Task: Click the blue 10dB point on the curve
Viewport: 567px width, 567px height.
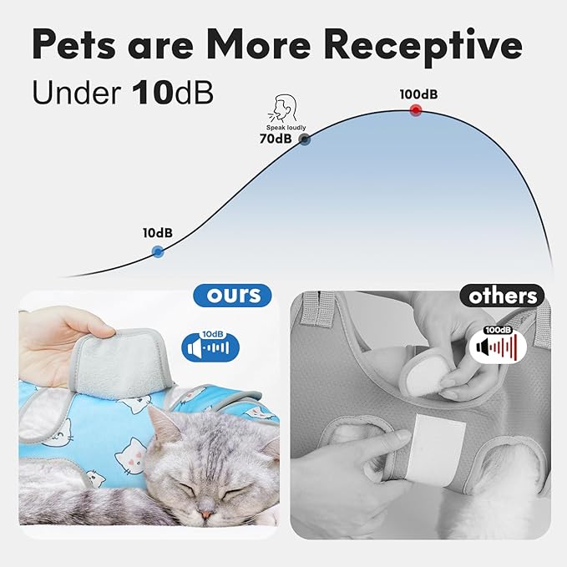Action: tap(158, 251)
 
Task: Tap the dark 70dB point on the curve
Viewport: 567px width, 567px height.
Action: tap(305, 139)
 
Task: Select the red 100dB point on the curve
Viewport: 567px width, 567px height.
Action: tap(416, 111)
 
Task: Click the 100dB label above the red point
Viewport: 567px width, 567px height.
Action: tap(418, 94)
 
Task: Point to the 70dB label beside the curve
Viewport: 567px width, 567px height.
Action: tap(276, 139)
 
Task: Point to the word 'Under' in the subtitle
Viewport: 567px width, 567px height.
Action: tap(77, 93)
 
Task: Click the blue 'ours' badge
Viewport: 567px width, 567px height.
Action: tap(233, 295)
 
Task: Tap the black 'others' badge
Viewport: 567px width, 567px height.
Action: tap(501, 296)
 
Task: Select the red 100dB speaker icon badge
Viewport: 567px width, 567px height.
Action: tap(497, 343)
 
